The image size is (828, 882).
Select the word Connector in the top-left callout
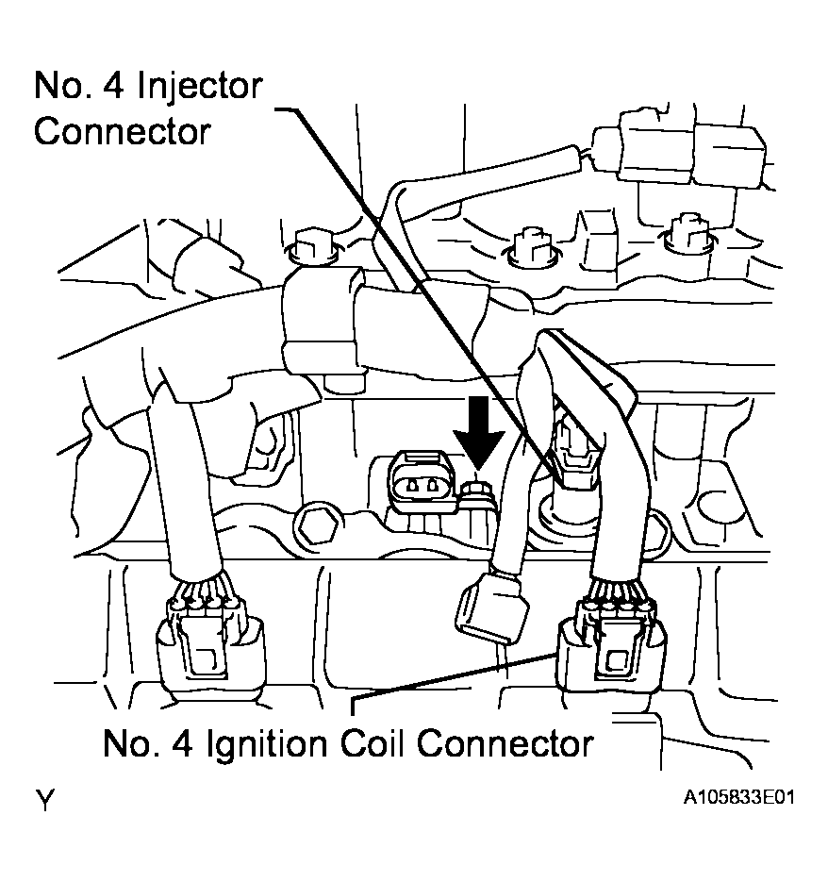pyautogui.click(x=122, y=131)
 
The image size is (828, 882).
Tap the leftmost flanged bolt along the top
pyautogui.click(x=306, y=245)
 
